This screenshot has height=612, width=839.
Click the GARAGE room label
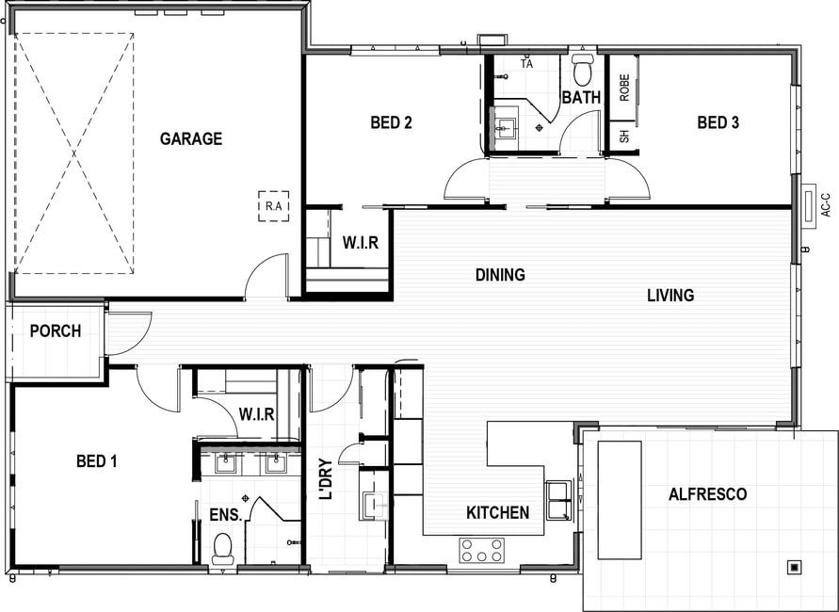(x=191, y=138)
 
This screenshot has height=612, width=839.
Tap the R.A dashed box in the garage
(x=273, y=206)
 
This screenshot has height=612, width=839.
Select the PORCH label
(x=56, y=331)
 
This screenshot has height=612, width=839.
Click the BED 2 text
(x=391, y=122)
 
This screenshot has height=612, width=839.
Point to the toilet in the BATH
(x=582, y=69)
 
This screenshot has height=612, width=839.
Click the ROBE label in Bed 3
(x=624, y=88)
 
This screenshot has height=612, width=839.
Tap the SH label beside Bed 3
(x=624, y=137)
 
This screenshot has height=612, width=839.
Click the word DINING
(x=500, y=275)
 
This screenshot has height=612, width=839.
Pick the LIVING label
(x=670, y=296)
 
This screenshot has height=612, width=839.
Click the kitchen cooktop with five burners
(x=481, y=551)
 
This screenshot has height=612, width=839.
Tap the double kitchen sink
(x=558, y=500)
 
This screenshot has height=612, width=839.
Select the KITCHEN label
(x=497, y=512)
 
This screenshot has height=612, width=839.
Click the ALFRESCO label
(x=707, y=493)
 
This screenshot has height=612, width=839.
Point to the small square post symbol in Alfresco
(x=795, y=567)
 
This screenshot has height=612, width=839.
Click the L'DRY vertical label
(x=325, y=479)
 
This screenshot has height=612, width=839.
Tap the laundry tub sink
(x=375, y=506)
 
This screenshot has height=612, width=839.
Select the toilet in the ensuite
(x=222, y=549)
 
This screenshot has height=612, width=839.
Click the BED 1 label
(x=96, y=461)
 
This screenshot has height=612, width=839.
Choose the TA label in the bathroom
(x=527, y=64)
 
